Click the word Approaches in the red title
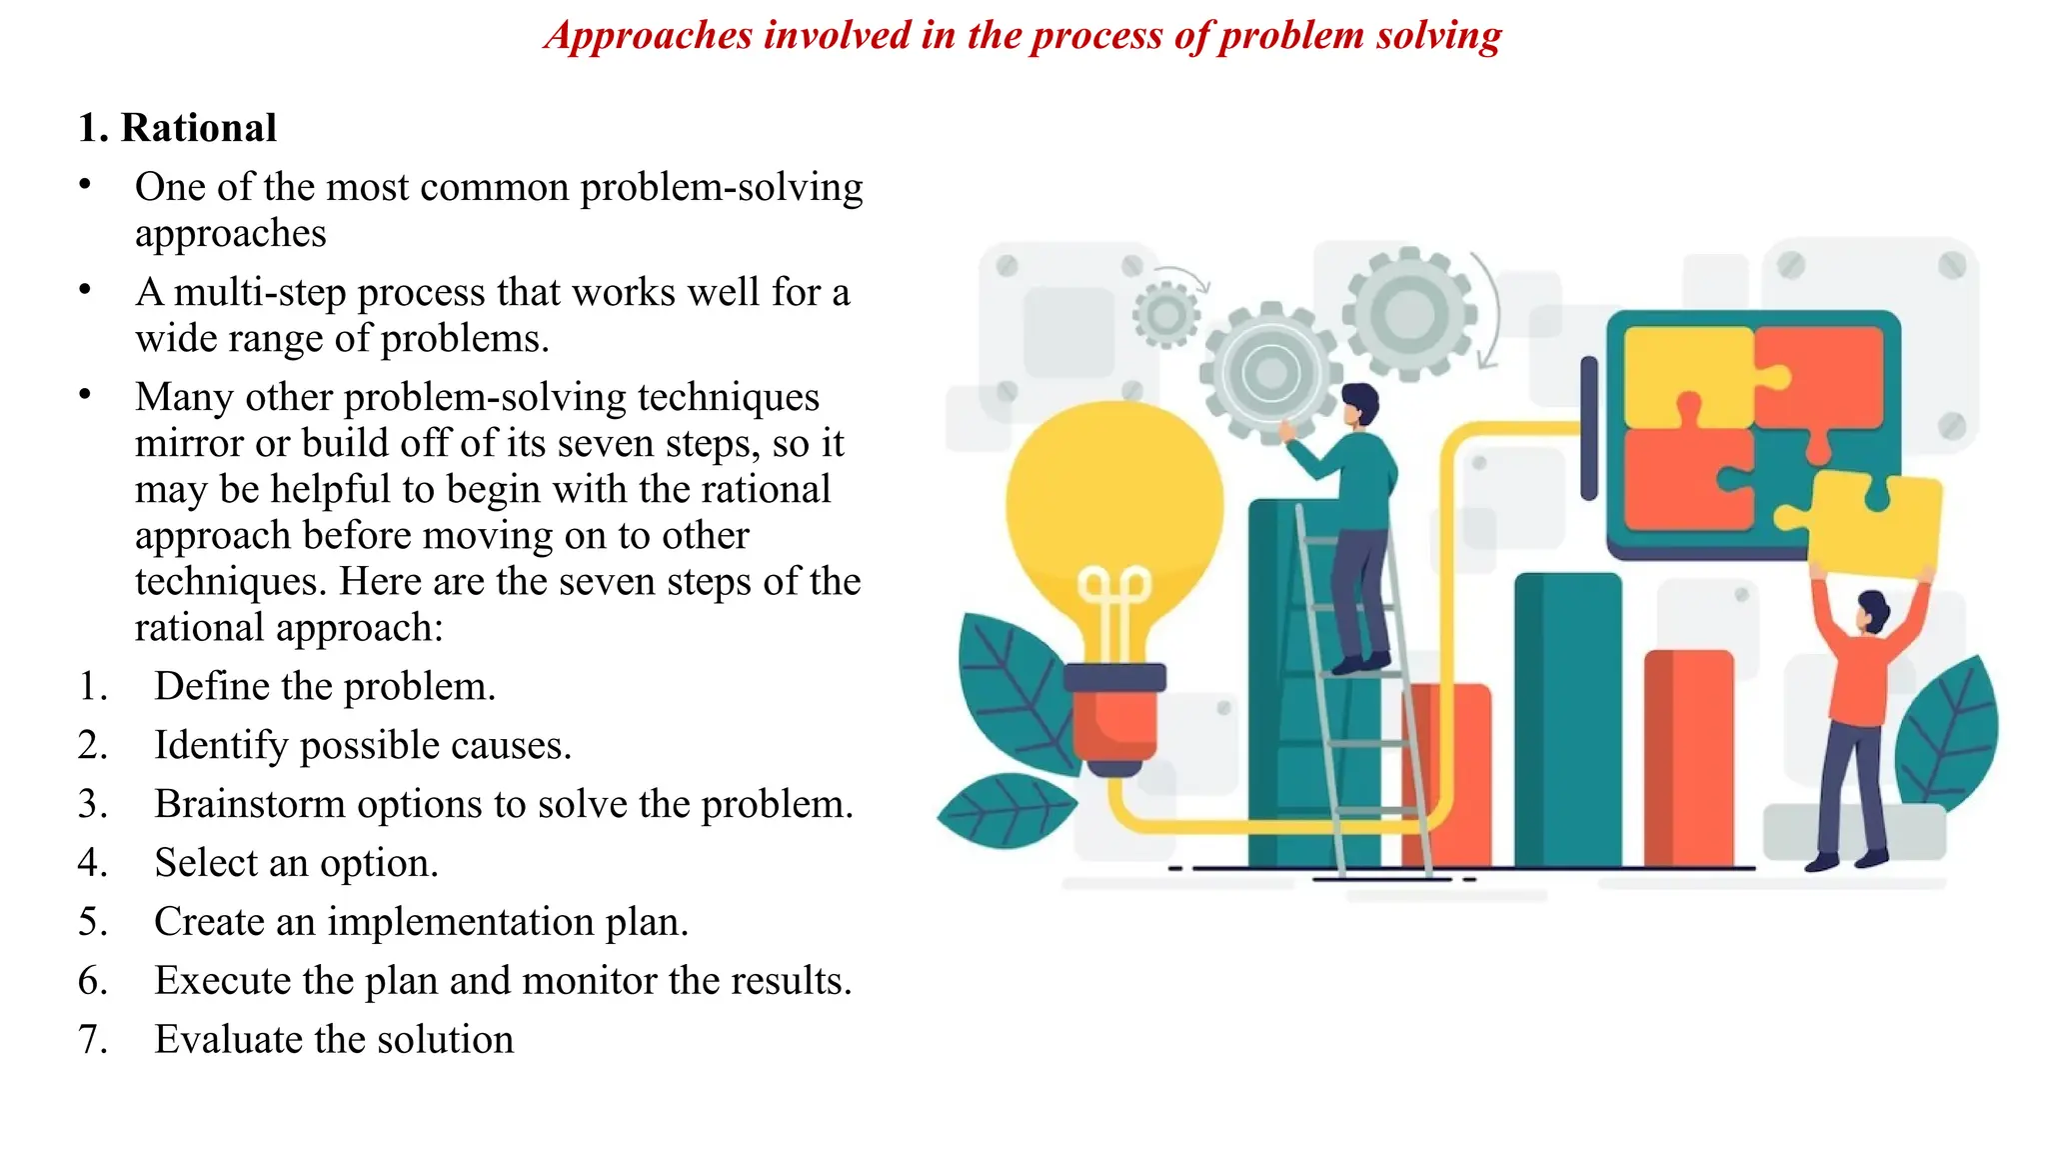[649, 36]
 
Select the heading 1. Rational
[178, 128]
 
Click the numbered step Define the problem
[325, 686]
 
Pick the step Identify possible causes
[363, 745]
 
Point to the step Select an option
[296, 863]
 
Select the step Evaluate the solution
[334, 1040]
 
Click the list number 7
[92, 1040]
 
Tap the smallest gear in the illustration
[1165, 315]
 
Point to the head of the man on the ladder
[1359, 404]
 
